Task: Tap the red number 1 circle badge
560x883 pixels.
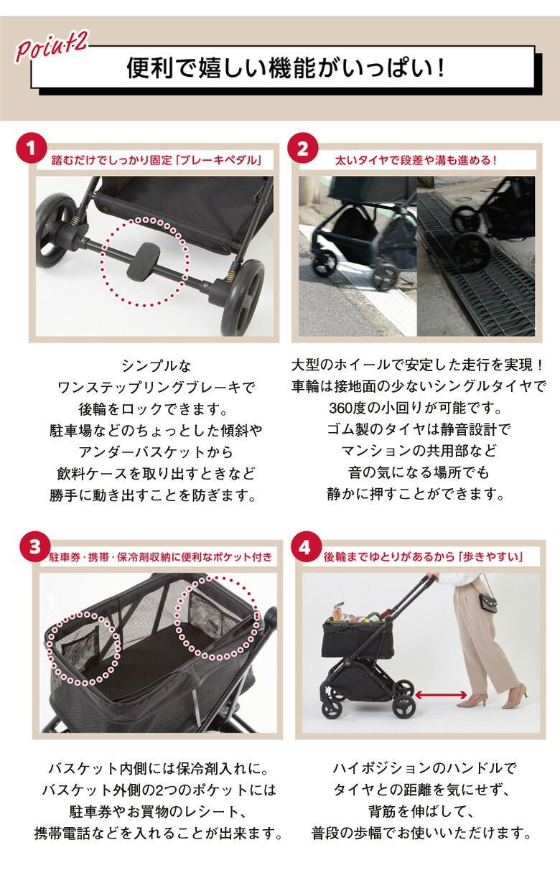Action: coord(31,150)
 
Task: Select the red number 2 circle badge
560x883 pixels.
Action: coord(302,149)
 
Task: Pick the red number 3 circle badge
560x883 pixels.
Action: coord(35,547)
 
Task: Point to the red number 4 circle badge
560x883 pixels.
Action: coord(304,546)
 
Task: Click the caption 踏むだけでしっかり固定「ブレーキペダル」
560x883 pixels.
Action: coord(157,160)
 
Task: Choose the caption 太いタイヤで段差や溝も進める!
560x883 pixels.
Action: coord(416,160)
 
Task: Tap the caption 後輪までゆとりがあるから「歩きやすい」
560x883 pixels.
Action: coord(423,556)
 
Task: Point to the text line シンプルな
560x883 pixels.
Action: coord(157,366)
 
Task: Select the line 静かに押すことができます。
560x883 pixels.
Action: coord(416,493)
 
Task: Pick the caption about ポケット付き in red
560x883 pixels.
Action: coord(161,557)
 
